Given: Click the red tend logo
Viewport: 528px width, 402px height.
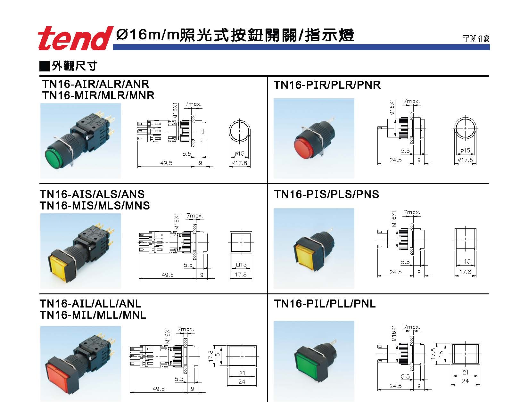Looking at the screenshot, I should point(73,39).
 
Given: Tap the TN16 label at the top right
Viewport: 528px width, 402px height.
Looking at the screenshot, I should point(476,39).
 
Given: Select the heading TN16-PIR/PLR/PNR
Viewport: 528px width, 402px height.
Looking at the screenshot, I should point(327,85).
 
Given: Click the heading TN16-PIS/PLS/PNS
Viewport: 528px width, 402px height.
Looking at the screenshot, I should point(326,194).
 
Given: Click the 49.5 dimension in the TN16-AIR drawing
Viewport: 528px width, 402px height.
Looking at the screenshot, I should point(166,163).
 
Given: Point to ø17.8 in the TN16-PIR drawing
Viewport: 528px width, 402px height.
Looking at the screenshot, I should point(465,160).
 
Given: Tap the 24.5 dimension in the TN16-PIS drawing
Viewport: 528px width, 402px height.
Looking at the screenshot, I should point(395,272).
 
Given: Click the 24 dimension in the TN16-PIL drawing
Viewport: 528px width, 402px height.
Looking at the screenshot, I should point(465,381).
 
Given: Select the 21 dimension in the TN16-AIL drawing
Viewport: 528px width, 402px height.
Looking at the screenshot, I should point(242,373).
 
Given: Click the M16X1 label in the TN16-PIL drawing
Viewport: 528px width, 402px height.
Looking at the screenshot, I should point(394,333).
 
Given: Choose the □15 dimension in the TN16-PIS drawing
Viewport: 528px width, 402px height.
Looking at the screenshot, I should point(465,262).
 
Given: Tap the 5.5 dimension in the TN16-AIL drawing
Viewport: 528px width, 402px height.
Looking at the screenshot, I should point(179,379).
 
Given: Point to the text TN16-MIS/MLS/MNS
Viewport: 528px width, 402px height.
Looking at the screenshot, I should point(95,205).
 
